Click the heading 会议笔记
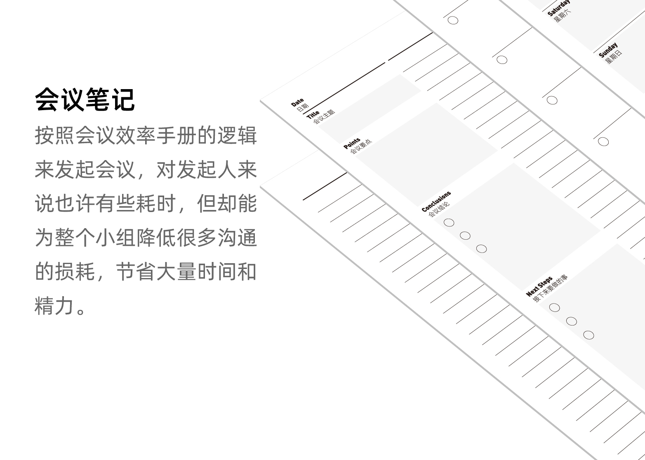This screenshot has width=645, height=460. click(85, 99)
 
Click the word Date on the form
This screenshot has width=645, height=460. click(297, 102)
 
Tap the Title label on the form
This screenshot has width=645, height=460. click(313, 114)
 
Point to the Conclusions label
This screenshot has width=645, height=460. click(436, 201)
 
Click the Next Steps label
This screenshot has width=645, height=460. click(539, 287)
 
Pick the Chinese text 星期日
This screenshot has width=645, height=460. click(614, 57)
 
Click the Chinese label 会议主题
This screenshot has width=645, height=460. click(324, 118)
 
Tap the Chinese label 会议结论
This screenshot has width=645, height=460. click(439, 210)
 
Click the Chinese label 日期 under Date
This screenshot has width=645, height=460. click(303, 108)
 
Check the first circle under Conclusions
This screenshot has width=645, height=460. click(449, 223)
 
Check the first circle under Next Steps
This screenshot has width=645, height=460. click(555, 307)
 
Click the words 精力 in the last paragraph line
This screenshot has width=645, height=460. click(54, 306)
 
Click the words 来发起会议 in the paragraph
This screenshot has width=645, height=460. click(85, 169)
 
